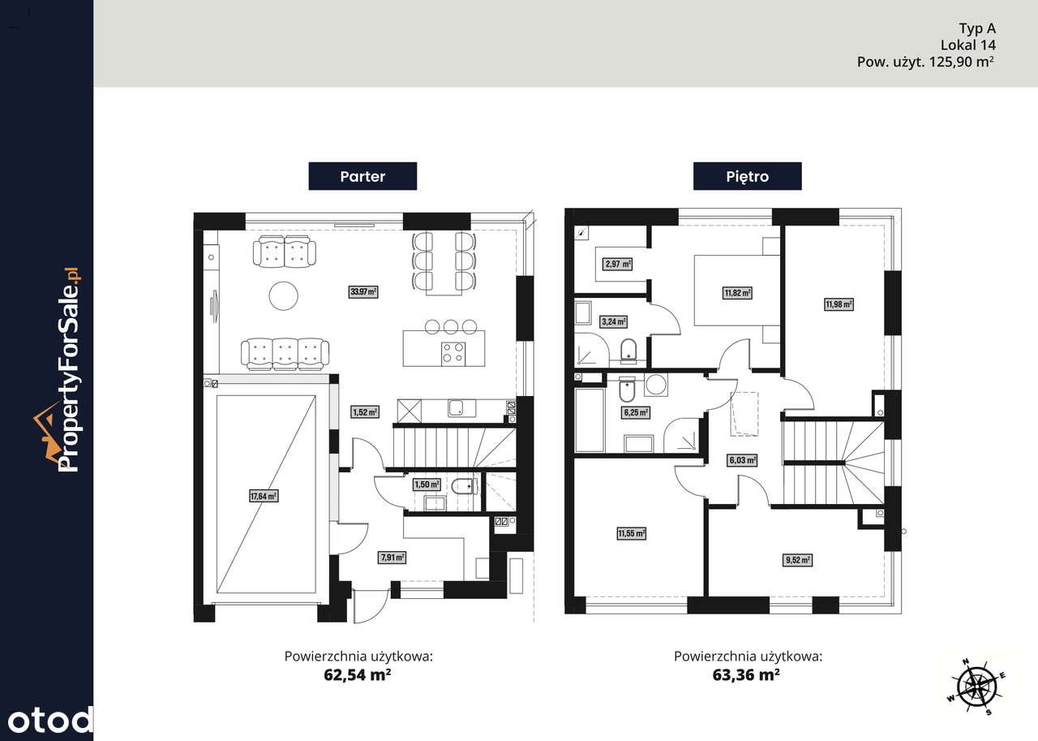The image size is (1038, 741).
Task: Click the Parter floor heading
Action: (362, 176)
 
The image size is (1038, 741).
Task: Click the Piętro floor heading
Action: (747, 176)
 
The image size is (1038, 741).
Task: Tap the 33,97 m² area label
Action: (363, 291)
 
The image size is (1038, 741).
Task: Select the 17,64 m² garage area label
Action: (264, 496)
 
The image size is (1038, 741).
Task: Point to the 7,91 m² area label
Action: (392, 558)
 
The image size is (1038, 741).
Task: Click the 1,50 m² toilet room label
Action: (427, 485)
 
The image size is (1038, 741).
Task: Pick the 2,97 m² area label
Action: (618, 265)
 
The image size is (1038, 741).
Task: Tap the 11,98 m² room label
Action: (839, 304)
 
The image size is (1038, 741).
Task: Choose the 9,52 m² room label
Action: (798, 560)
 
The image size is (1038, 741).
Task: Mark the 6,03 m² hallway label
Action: (743, 460)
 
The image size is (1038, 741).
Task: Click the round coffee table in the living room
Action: (283, 296)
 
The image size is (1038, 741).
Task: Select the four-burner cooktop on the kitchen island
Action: (453, 354)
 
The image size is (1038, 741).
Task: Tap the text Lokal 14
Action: (967, 45)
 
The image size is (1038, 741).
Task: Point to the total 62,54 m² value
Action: (358, 674)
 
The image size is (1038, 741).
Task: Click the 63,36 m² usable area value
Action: (746, 674)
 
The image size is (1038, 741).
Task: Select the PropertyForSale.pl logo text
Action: (70, 369)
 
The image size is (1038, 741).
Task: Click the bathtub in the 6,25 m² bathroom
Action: (590, 420)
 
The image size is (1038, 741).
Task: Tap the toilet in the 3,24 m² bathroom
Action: (628, 351)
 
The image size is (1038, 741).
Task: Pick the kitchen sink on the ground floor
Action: (461, 408)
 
